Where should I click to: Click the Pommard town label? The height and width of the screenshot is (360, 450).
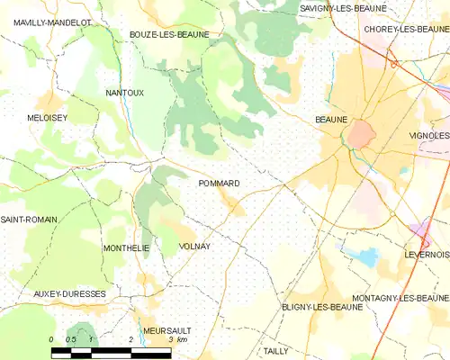[x=218, y=184]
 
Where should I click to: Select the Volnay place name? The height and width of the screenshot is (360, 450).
[x=194, y=246]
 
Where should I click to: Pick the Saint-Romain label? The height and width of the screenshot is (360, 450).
[x=29, y=220]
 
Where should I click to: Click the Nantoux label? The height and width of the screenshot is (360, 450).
[x=124, y=93]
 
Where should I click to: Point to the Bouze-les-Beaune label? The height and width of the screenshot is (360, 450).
[x=169, y=34]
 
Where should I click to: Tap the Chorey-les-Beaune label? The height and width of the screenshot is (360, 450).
[x=406, y=29]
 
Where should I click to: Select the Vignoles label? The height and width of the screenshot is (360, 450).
[x=428, y=135]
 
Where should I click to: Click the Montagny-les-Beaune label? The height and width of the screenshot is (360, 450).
[x=400, y=298]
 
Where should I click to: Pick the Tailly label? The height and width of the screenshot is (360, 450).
[x=276, y=351]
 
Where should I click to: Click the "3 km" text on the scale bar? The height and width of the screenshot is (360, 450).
[x=176, y=340]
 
